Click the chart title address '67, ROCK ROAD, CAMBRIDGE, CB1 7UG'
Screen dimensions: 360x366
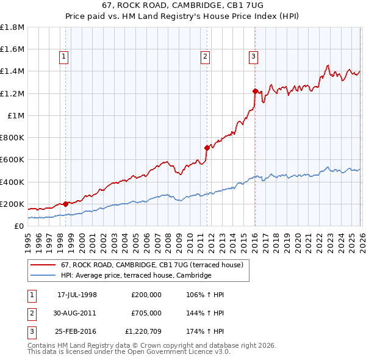pos(182,5)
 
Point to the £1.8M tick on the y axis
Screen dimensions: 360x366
pos(12,27)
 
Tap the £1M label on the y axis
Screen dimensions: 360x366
pos(16,116)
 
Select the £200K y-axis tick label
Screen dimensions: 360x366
pos(12,204)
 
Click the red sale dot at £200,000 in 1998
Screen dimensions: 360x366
pos(66,204)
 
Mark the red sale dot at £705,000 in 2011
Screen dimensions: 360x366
pos(207,148)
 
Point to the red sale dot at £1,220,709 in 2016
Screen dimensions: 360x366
pos(255,91)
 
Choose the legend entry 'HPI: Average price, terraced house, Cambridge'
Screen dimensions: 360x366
pos(135,276)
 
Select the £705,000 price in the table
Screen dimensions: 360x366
pos(146,313)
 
